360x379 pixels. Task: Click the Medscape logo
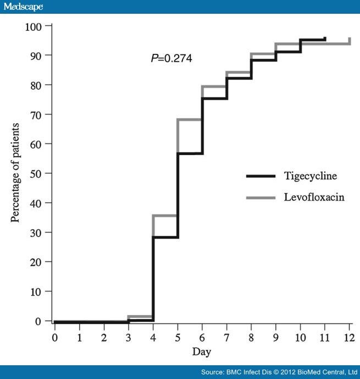tap(22, 7)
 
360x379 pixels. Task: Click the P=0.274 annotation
tap(171, 58)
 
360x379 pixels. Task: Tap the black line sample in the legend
tap(260, 176)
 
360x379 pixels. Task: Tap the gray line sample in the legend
tap(260, 197)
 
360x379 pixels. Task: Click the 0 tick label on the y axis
tap(39, 321)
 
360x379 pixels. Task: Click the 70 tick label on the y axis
tap(37, 114)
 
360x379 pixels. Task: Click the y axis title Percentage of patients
tap(15, 173)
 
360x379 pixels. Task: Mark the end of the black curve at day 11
tap(325, 39)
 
